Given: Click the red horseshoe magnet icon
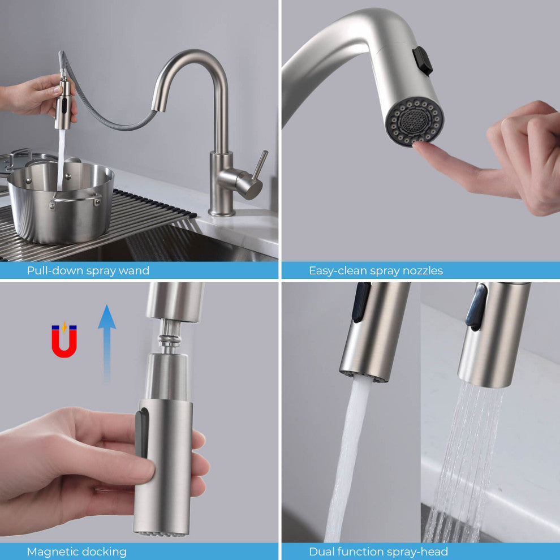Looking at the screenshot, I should pos(64,341).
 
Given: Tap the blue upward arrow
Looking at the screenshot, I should pos(107,339).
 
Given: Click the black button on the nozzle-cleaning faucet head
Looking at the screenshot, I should pos(423,61).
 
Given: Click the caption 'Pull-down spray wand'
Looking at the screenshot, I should pos(88,270).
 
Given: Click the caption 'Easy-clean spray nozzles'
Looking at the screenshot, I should pos(376,270).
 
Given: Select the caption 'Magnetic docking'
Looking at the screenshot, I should pos(77,552).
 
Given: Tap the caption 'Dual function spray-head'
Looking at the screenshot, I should pos(378,552).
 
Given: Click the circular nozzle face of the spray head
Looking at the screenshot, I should pos(415,121).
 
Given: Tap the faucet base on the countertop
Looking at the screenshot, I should pos(222,210).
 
